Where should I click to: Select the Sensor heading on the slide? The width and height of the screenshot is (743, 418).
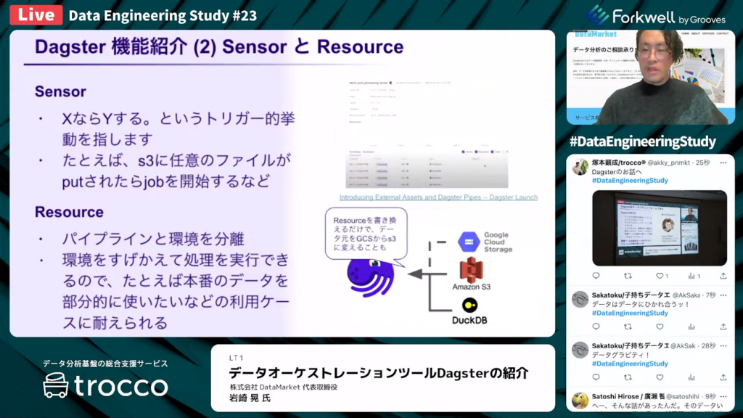pyautogui.click(x=60, y=92)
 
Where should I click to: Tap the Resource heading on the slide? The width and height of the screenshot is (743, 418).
pyautogui.click(x=69, y=212)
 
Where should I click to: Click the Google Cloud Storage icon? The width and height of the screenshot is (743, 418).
pyautogui.click(x=468, y=241)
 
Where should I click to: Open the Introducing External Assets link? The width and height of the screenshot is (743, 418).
pyautogui.click(x=438, y=197)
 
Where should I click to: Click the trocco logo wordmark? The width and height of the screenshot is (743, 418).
pyautogui.click(x=105, y=386)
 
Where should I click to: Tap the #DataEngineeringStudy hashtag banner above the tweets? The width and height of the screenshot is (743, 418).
pyautogui.click(x=642, y=141)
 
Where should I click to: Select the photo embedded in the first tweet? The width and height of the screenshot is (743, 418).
pyautogui.click(x=659, y=228)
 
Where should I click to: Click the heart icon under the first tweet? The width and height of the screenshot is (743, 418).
pyautogui.click(x=660, y=276)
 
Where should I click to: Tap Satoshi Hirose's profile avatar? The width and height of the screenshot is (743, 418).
pyautogui.click(x=579, y=401)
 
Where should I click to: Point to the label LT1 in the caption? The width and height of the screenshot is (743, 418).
pyautogui.click(x=236, y=358)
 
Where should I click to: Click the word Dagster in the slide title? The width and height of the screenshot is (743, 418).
pyautogui.click(x=71, y=48)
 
